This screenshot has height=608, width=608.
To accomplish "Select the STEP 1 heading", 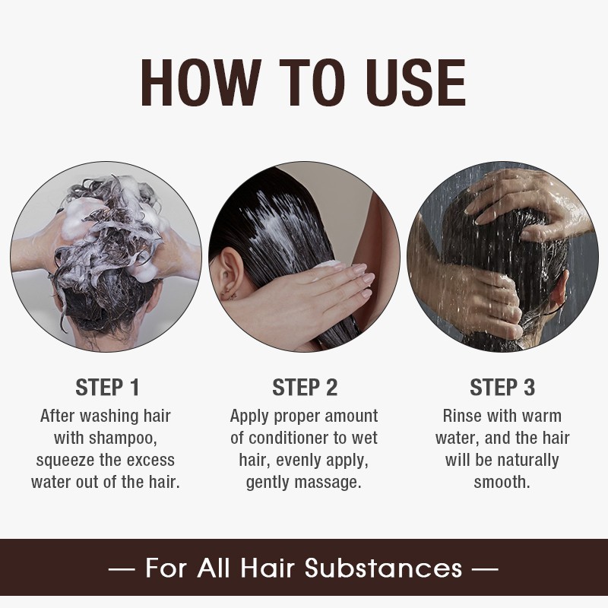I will [x=107, y=388].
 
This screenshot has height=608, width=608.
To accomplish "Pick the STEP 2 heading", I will [x=304, y=388].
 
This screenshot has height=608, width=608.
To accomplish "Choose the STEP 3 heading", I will [x=502, y=388].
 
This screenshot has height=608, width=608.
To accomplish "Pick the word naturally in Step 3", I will [x=524, y=461].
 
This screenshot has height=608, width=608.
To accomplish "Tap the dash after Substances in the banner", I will [x=486, y=568].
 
